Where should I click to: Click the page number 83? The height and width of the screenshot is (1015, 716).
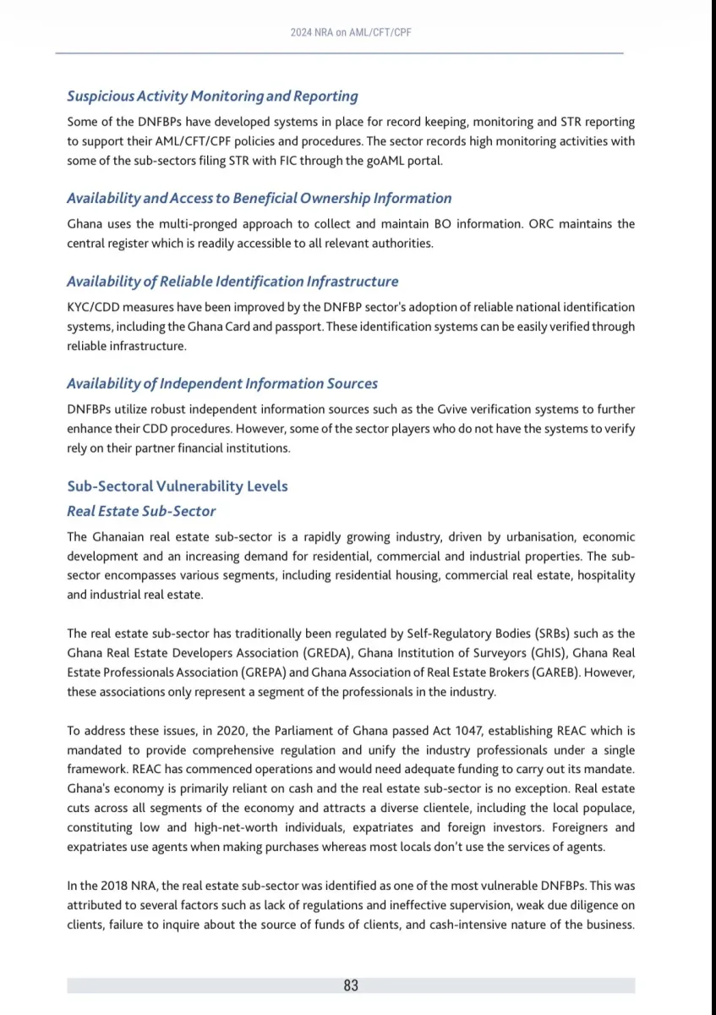[351, 985]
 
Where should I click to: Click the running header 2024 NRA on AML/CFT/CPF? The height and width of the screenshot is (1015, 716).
[351, 32]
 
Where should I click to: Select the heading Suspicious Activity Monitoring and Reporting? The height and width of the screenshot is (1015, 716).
[212, 96]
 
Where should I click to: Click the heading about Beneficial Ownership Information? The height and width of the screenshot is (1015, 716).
[260, 198]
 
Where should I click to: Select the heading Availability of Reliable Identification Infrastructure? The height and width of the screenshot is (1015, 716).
[232, 281]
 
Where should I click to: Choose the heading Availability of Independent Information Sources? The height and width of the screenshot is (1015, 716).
[222, 383]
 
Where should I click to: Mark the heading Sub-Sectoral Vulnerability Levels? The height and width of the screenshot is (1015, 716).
[178, 486]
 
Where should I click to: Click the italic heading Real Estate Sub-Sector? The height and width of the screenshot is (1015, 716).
[141, 511]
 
